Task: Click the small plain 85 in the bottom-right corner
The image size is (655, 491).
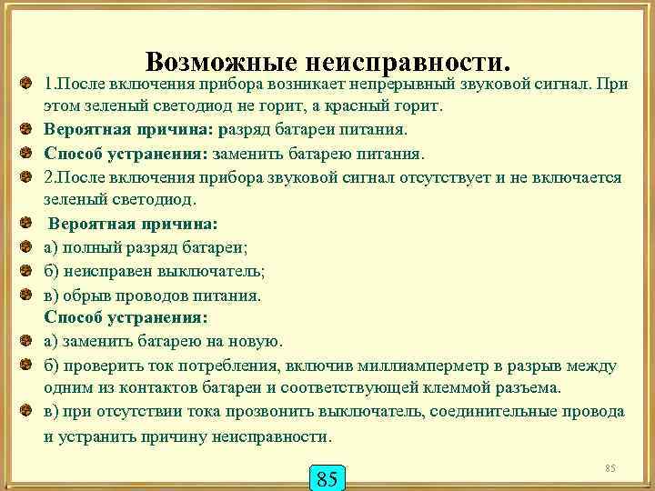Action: (x=610, y=467)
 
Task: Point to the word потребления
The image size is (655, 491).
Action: (x=235, y=366)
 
